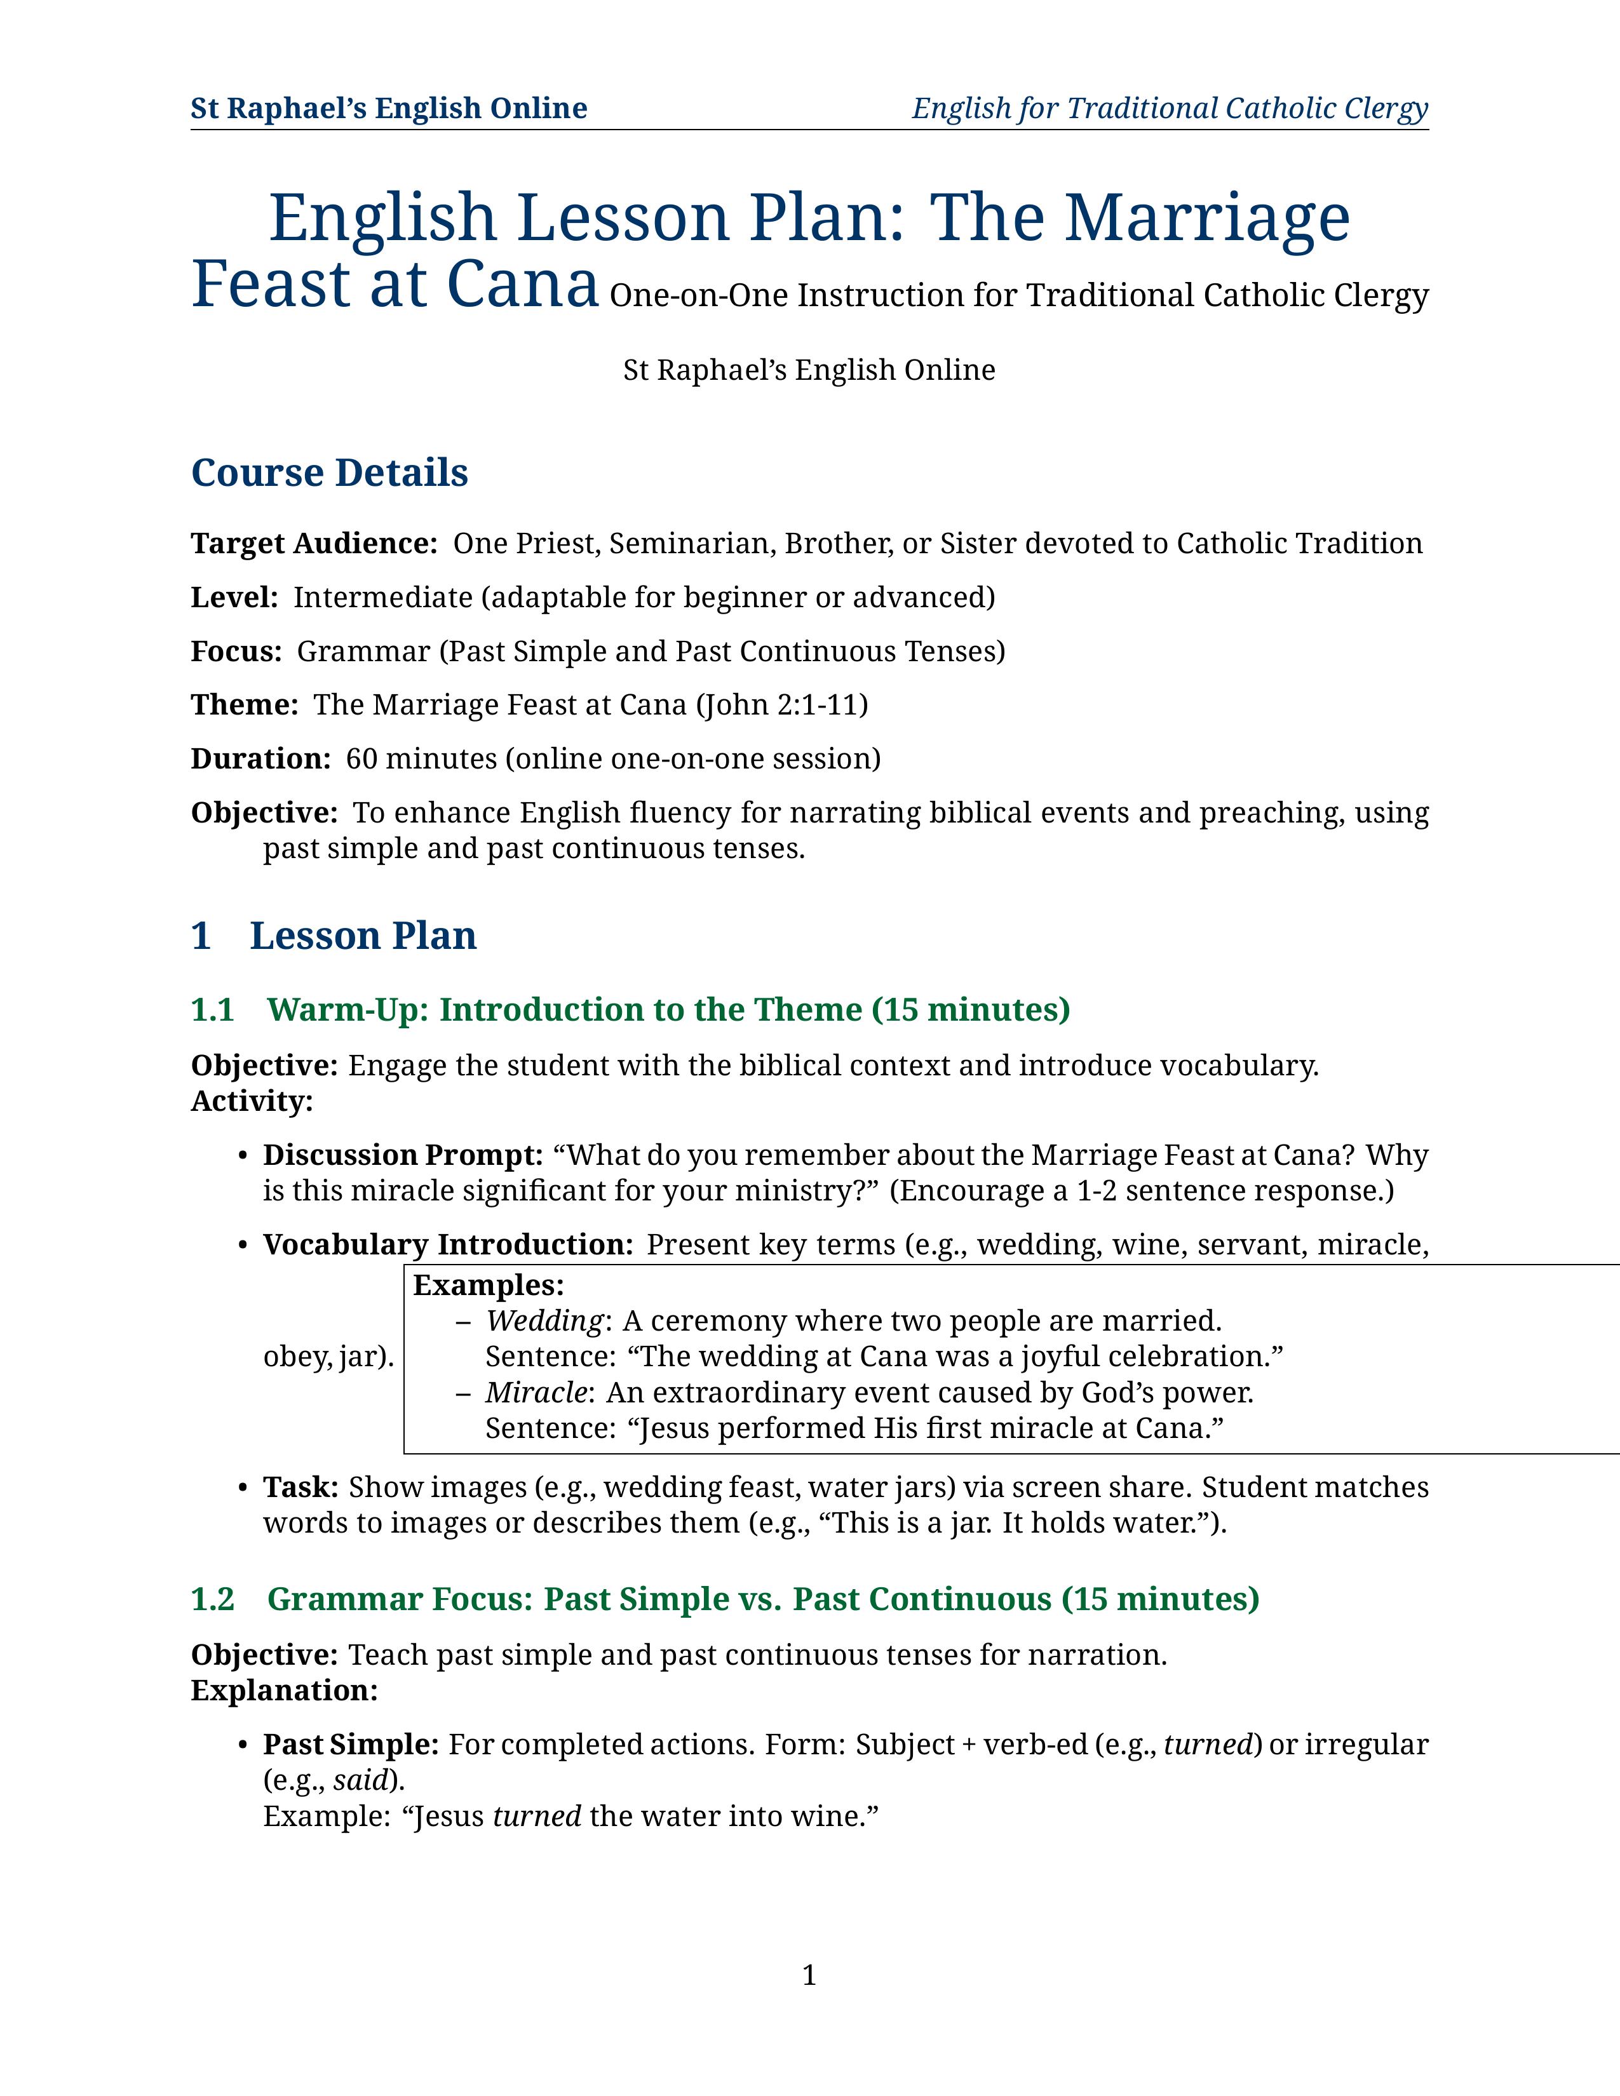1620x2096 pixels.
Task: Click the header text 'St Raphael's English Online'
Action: (x=389, y=109)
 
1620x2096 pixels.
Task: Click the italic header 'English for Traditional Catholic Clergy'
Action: (x=1170, y=109)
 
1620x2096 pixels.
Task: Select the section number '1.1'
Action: (x=212, y=1010)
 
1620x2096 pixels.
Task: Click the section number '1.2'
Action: (x=212, y=1599)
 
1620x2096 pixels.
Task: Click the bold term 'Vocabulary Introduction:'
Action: (x=447, y=1245)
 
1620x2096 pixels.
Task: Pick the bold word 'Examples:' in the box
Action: (x=489, y=1285)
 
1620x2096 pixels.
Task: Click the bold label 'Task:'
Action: (x=300, y=1488)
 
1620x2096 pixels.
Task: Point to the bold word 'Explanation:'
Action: (x=284, y=1690)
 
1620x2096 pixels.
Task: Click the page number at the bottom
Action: (x=809, y=1975)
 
